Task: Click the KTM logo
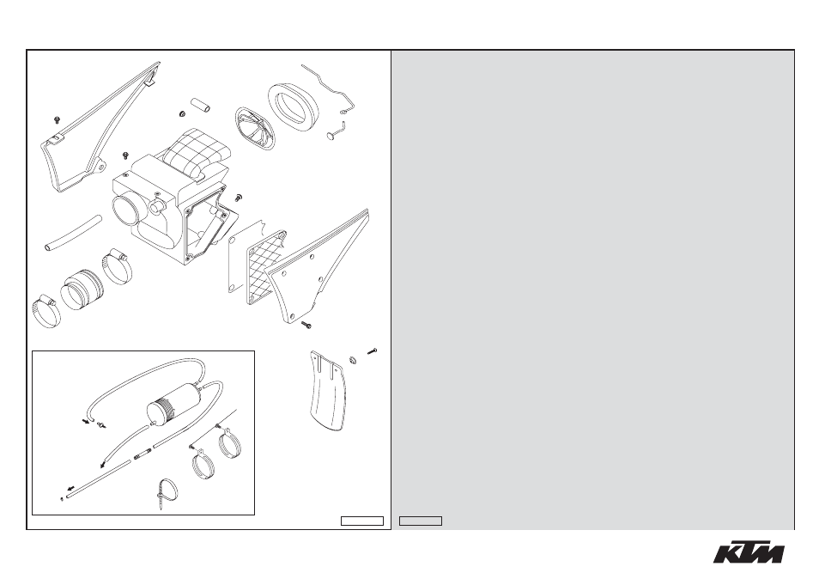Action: point(749,552)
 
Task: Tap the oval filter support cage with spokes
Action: point(256,129)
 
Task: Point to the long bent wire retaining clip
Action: point(331,88)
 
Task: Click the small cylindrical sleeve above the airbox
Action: point(201,105)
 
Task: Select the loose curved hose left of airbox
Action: point(71,233)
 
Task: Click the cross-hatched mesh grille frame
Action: point(266,267)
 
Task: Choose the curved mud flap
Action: point(327,390)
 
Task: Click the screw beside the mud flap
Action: point(372,351)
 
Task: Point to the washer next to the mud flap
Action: point(353,359)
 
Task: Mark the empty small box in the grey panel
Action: point(421,521)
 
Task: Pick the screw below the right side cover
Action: point(306,325)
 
